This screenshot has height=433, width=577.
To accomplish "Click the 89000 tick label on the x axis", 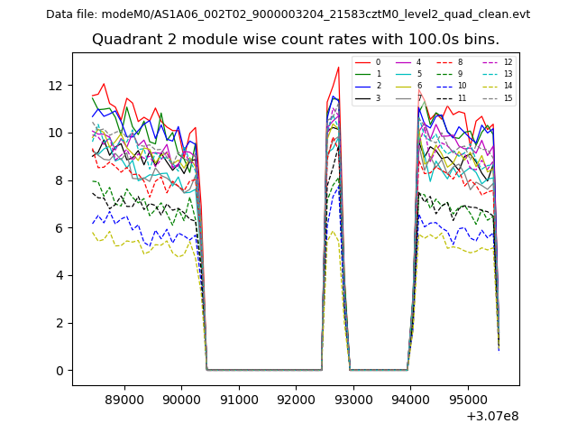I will pos(124,399).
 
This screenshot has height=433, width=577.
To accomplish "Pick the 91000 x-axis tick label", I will pos(238,399).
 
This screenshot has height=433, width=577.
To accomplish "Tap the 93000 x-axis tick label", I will pos(353,399).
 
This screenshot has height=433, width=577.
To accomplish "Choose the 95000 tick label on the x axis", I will pos(467,399).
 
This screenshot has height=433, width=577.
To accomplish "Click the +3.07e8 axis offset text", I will pos(492,416).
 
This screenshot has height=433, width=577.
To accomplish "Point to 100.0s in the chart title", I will pos(410,40).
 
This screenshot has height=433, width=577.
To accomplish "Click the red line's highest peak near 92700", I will pos(338,68).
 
